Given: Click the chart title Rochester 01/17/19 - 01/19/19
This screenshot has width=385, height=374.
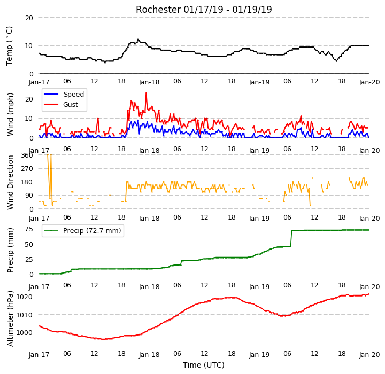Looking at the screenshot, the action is pyautogui.click(x=204, y=10).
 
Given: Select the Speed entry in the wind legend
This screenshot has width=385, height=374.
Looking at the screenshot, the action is pyautogui.click(x=64, y=94).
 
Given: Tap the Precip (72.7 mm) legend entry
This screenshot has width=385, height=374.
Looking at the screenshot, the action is pyautogui.click(x=82, y=231).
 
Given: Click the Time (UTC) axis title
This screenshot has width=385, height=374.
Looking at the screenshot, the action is pyautogui.click(x=204, y=365).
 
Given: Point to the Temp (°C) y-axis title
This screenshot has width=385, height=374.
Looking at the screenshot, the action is pyautogui.click(x=9, y=46).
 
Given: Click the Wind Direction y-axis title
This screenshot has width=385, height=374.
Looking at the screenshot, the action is pyautogui.click(x=10, y=182).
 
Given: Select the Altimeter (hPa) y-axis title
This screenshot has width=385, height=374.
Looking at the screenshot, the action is pyautogui.click(x=10, y=318).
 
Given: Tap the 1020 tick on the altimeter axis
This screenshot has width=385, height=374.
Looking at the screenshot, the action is pyautogui.click(x=24, y=297).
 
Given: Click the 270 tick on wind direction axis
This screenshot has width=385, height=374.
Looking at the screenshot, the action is pyautogui.click(x=27, y=169).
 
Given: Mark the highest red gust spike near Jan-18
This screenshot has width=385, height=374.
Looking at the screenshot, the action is pyautogui.click(x=146, y=93).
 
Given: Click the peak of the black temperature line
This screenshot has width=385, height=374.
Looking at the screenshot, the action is pyautogui.click(x=138, y=39).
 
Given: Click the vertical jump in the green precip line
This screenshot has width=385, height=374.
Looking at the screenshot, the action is pyautogui.click(x=291, y=238).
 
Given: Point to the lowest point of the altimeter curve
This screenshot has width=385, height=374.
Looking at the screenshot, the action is pyautogui.click(x=104, y=339).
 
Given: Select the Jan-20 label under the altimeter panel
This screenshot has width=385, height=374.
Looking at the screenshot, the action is pyautogui.click(x=369, y=355).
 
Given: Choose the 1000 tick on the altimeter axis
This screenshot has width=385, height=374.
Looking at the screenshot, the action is pyautogui.click(x=24, y=332).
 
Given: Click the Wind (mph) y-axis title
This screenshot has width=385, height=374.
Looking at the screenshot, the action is pyautogui.click(x=10, y=114).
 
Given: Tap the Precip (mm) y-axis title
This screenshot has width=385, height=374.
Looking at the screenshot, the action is pyautogui.click(x=10, y=251).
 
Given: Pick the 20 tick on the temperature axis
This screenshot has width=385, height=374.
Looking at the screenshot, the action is pyautogui.click(x=29, y=18).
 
